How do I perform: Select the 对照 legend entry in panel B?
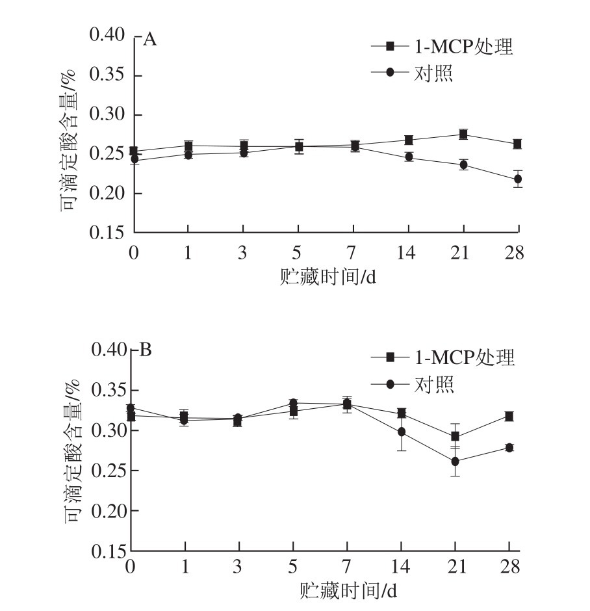tap(434, 385)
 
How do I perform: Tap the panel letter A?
tap(149, 40)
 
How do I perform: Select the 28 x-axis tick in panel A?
tap(516, 253)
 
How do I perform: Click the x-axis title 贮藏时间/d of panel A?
tap(328, 276)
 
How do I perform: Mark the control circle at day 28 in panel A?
tap(518, 179)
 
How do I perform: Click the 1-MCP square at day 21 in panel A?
tap(463, 135)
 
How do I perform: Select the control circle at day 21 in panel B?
tap(455, 461)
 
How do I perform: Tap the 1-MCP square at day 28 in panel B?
tap(509, 416)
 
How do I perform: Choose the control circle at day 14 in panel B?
tap(402, 432)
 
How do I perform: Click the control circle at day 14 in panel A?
tap(409, 157)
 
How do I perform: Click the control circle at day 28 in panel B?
tap(509, 447)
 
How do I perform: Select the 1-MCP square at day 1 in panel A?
tap(188, 146)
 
